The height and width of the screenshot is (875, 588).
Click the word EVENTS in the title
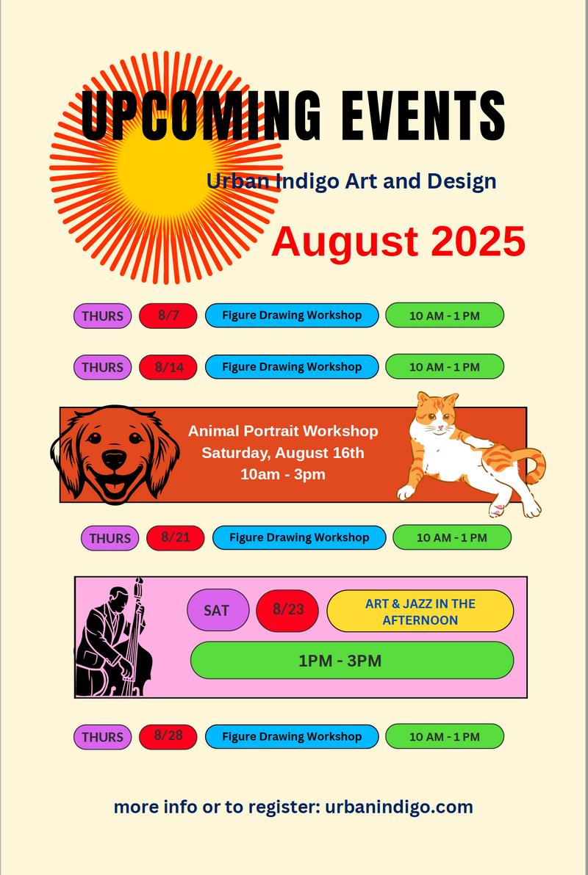click(423, 116)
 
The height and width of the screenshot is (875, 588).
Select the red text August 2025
click(398, 241)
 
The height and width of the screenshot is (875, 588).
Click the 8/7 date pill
click(168, 316)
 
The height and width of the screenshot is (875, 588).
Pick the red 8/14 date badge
click(168, 367)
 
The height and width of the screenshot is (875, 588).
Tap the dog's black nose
click(115, 460)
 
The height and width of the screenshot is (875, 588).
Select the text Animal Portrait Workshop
click(283, 432)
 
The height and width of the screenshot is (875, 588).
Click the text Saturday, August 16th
click(283, 453)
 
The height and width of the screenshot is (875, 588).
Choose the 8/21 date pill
click(176, 538)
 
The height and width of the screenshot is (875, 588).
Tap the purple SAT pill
click(218, 610)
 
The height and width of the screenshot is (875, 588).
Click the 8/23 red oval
click(287, 611)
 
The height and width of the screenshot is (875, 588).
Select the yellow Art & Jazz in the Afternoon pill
click(420, 611)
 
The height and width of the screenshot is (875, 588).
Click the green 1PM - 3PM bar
click(352, 660)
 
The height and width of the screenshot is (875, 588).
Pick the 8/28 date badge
click(168, 736)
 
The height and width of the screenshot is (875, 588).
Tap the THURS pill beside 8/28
click(103, 737)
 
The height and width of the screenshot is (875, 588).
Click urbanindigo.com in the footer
click(399, 807)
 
